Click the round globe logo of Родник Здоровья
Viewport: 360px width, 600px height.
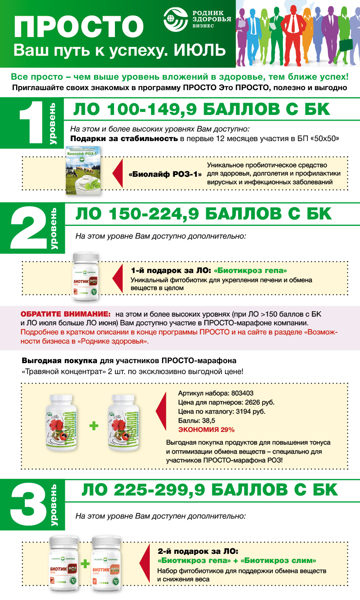(x=175, y=20)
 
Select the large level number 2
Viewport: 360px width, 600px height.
(x=28, y=229)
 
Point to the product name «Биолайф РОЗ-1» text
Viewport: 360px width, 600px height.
(x=165, y=174)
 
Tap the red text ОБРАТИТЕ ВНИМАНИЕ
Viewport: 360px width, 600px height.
(x=65, y=314)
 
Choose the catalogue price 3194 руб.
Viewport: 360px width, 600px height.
(x=255, y=411)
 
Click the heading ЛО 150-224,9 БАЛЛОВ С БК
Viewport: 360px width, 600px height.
(x=203, y=214)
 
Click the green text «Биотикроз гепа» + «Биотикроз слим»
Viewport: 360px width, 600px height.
(x=237, y=560)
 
